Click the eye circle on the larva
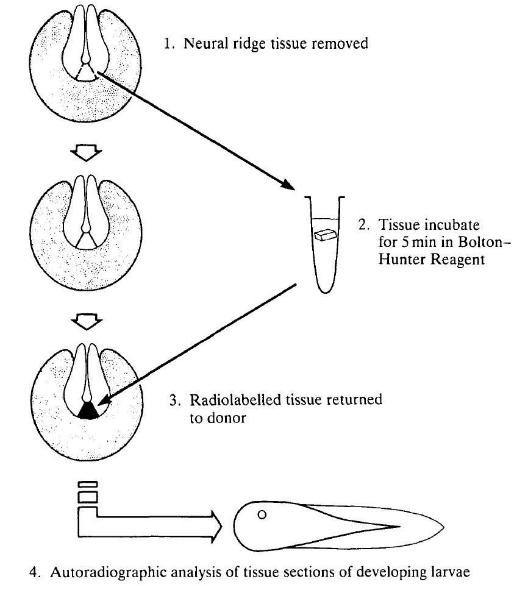point(262,515)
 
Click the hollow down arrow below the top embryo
point(89,154)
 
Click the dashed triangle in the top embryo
point(89,73)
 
